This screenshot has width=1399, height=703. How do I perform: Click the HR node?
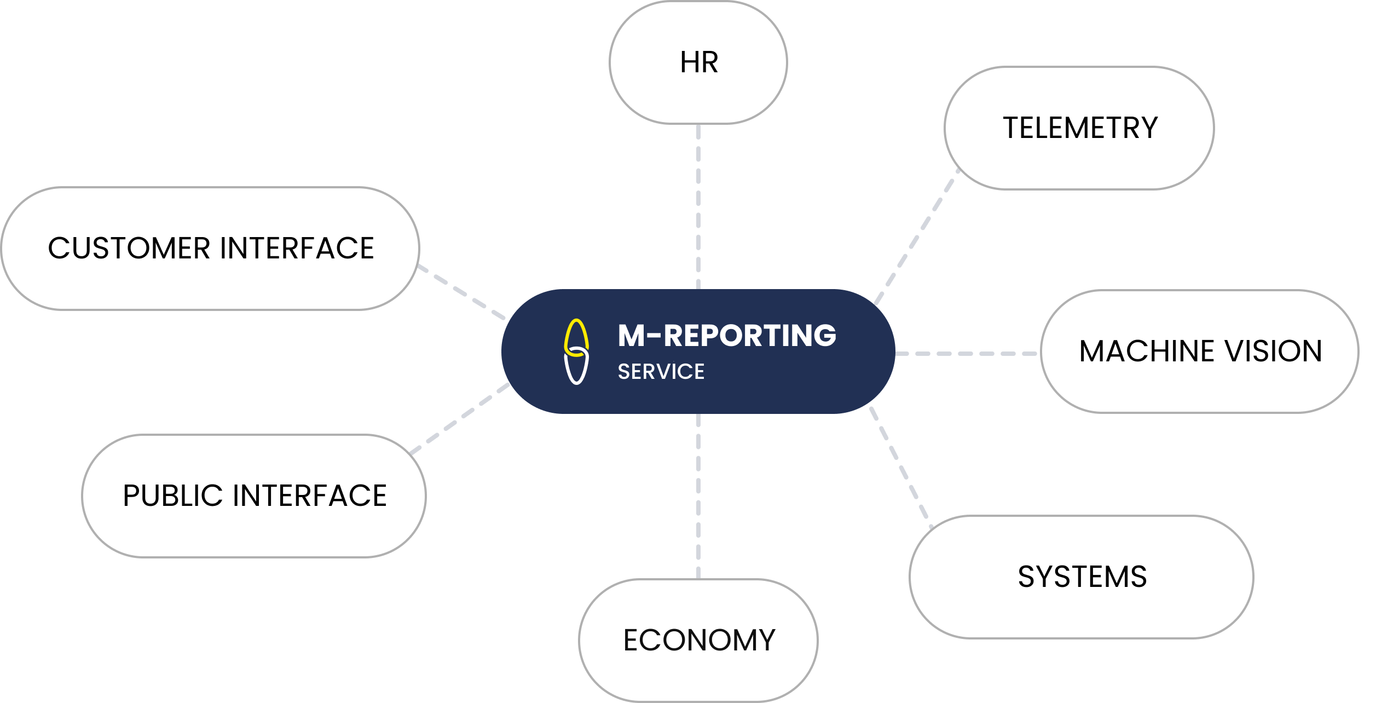(x=698, y=62)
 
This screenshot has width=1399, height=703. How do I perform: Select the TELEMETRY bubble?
(x=1079, y=128)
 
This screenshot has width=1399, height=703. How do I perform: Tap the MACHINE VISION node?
(x=1200, y=351)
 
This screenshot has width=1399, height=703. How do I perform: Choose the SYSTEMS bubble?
(x=1082, y=577)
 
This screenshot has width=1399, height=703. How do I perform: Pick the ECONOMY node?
(x=698, y=640)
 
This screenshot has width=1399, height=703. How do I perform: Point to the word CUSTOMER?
(x=129, y=249)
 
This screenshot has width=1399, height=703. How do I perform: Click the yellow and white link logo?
(x=576, y=351)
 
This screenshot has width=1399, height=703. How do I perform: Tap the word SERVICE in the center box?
(x=661, y=372)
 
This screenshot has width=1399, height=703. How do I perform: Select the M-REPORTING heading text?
(x=727, y=336)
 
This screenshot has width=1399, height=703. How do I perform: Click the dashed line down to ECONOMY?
(x=698, y=496)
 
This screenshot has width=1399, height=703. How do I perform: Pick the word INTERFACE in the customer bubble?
(x=297, y=249)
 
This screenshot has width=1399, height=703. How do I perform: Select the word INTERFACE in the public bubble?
(x=310, y=496)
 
